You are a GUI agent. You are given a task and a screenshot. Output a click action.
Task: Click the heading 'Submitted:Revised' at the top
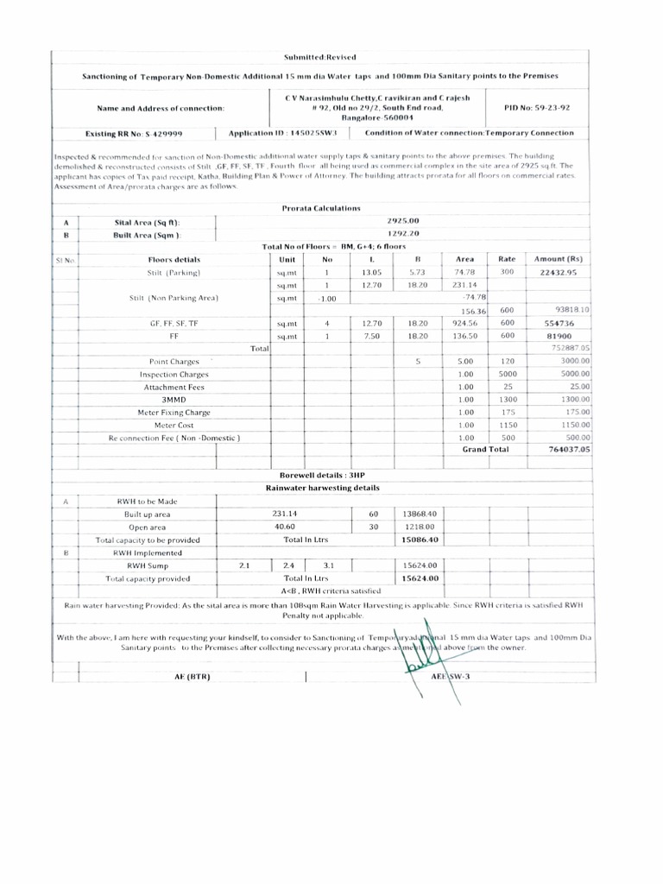click(x=321, y=56)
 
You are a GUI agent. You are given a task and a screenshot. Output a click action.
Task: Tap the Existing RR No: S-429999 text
click(x=145, y=134)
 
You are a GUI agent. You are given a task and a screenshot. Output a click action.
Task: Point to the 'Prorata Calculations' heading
click(x=321, y=208)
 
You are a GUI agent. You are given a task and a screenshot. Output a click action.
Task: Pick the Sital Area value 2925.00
click(x=403, y=222)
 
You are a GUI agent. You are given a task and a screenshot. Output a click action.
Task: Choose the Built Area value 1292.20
click(x=403, y=234)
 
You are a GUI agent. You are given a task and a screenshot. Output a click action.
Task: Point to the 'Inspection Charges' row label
click(x=174, y=375)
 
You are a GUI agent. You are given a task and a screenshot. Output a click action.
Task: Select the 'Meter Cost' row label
click(x=174, y=426)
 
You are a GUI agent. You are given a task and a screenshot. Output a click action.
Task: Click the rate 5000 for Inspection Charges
click(x=508, y=375)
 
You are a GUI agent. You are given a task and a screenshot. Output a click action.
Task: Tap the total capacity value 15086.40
click(x=420, y=540)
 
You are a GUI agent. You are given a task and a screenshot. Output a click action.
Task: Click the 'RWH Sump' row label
click(x=148, y=565)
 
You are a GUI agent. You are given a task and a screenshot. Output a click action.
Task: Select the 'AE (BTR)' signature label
click(x=193, y=676)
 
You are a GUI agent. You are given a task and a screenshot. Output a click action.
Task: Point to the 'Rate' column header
click(x=507, y=259)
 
